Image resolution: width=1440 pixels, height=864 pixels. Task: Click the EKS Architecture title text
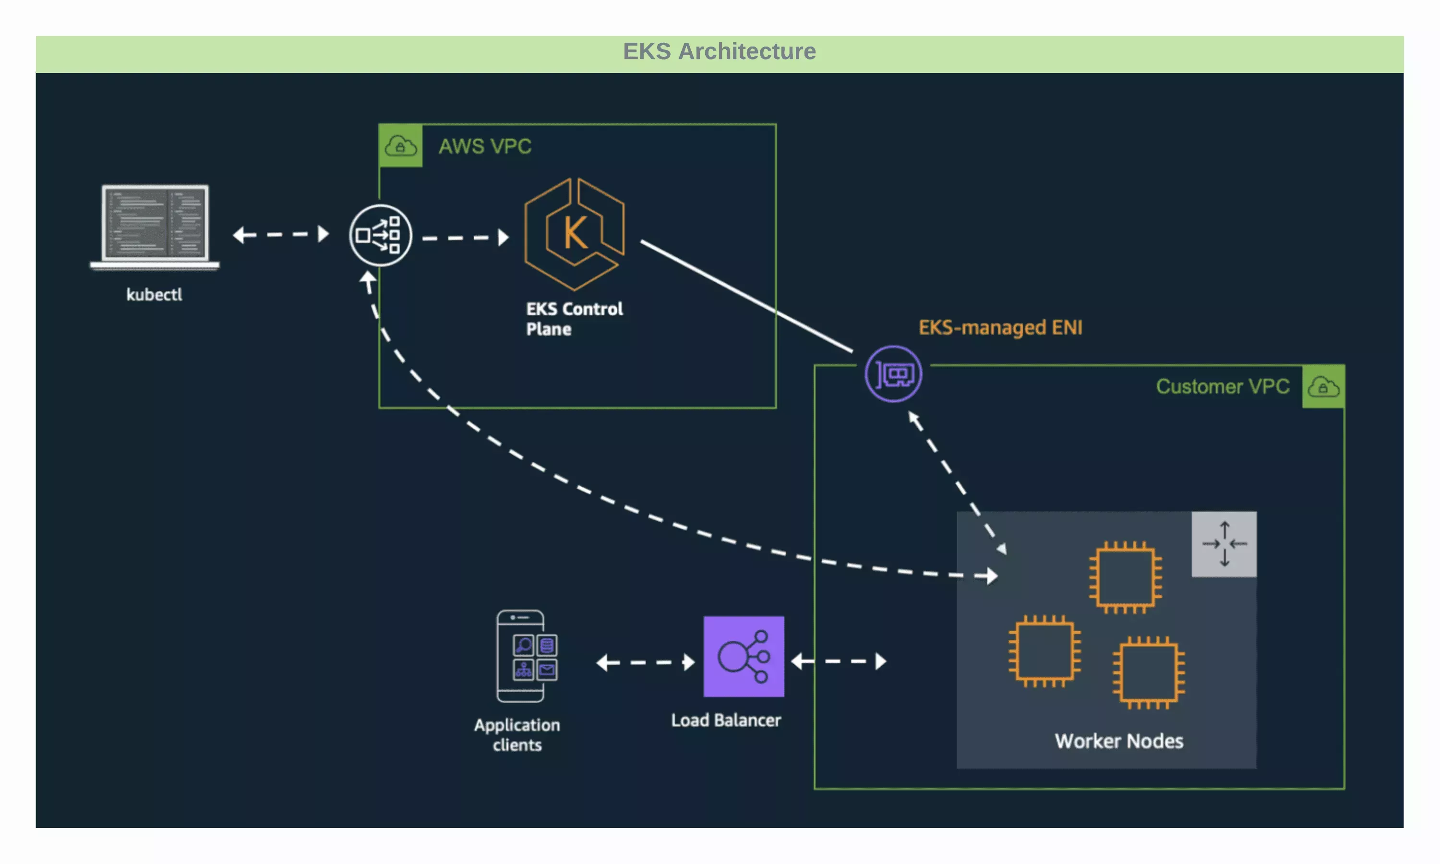[720, 51]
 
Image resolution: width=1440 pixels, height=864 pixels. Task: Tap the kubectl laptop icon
[155, 226]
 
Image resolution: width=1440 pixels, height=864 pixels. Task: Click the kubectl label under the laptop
[154, 295]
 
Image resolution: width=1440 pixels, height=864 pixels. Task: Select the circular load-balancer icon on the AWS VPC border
[380, 235]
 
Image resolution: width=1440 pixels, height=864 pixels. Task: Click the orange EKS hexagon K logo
[575, 233]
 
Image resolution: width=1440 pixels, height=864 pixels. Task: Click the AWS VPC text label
[485, 146]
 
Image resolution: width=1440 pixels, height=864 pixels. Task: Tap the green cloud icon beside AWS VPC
[400, 145]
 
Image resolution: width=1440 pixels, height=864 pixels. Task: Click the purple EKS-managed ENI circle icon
[893, 374]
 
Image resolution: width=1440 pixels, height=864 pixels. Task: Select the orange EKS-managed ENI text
[1000, 327]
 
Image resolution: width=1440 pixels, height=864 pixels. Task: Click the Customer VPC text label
[1222, 386]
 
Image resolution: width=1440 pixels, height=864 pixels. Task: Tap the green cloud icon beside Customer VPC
[1322, 386]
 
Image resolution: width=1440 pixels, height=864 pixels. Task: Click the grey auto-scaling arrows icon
[1224, 544]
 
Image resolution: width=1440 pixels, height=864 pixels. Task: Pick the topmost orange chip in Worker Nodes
[1125, 577]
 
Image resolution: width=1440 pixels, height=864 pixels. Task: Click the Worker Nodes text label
[1119, 741]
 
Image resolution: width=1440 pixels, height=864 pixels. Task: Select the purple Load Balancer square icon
[744, 656]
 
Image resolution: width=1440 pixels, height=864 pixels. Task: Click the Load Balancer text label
[726, 720]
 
